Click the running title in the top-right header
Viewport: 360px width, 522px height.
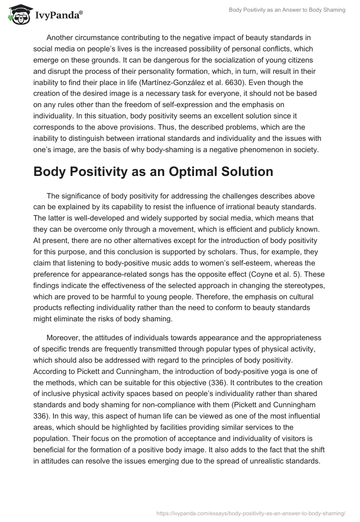287,10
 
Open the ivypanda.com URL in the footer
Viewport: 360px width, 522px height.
250,513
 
